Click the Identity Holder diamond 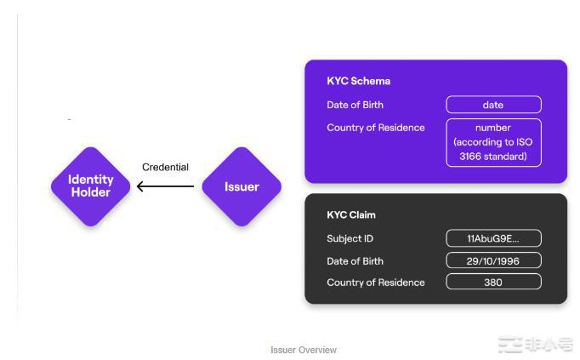91,186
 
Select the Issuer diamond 242,186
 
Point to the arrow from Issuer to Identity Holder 166,186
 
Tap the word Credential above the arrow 165,167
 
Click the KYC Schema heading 358,82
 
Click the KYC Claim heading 350,215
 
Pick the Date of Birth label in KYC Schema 355,105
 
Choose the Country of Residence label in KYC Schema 375,128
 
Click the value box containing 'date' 493,105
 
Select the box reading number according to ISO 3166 493,142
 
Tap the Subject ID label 350,238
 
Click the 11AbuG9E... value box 493,238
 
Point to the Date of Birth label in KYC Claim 355,261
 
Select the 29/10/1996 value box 493,260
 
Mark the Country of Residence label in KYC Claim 375,283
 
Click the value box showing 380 493,283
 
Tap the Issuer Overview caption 304,350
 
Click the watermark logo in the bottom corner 536,345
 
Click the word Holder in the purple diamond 91,192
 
